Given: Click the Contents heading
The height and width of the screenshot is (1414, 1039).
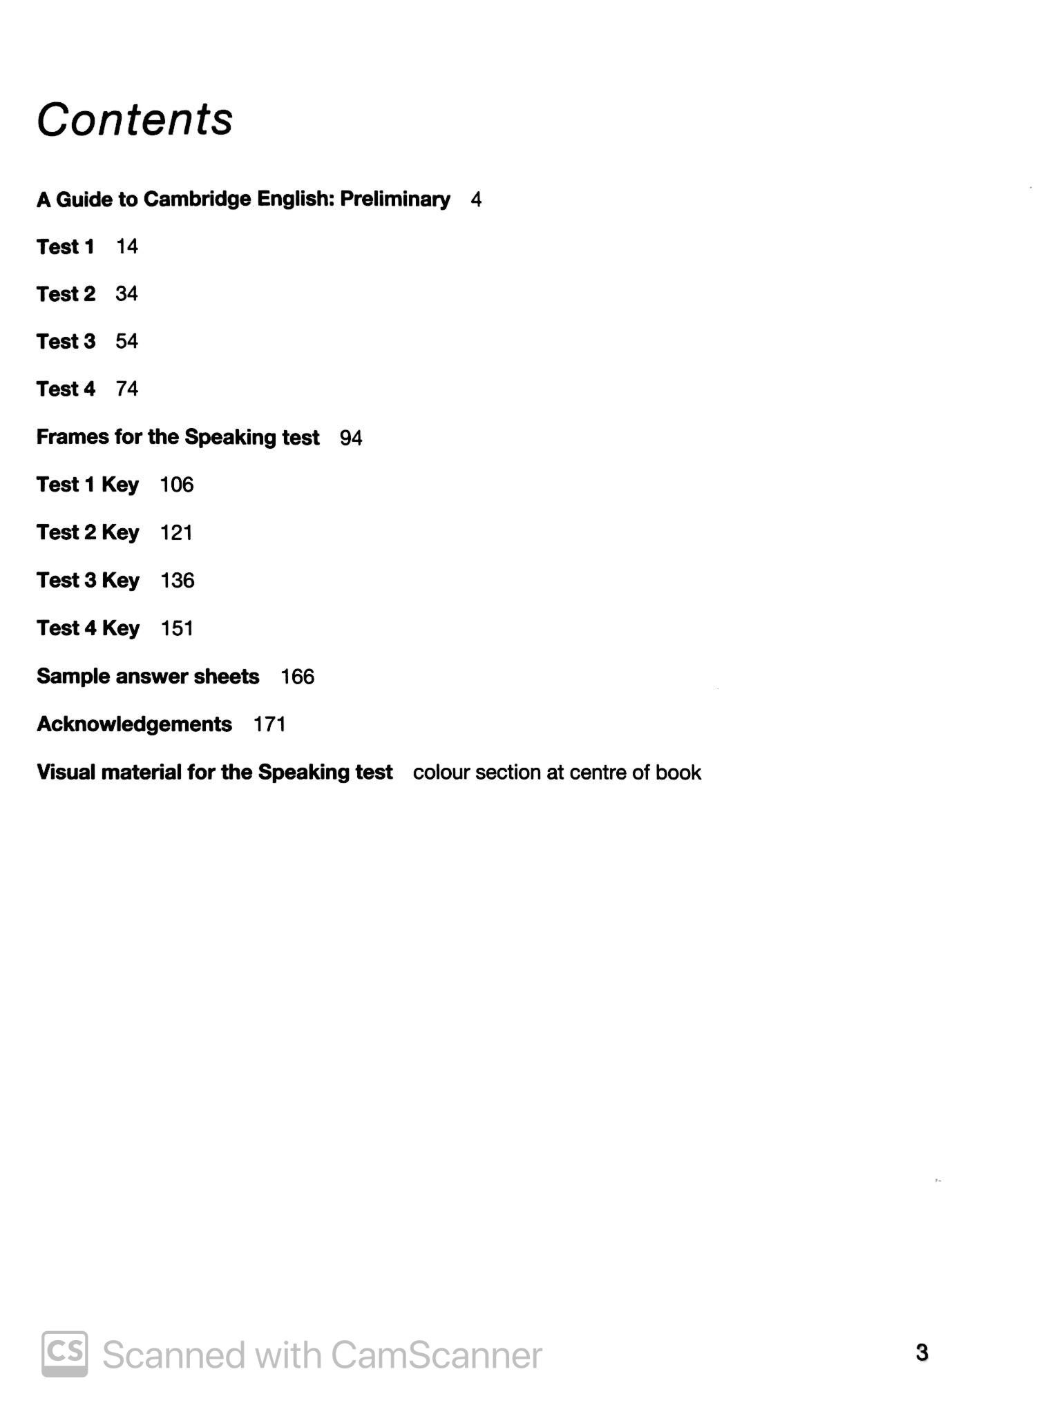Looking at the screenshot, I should (135, 119).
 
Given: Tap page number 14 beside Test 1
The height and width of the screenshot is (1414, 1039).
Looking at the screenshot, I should (127, 246).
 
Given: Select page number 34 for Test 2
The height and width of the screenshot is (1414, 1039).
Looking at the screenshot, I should (127, 294).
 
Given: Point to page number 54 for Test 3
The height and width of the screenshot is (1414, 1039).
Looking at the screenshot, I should (127, 341).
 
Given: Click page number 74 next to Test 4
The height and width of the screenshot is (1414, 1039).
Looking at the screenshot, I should (127, 389).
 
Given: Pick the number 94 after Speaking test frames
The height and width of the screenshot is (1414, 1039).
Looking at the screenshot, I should (351, 438).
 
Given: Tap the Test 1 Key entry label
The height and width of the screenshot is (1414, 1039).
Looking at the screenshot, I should (88, 485).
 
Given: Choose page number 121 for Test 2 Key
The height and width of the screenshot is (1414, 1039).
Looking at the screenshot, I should (176, 532).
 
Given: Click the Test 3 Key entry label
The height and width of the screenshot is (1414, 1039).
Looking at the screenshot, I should (88, 580).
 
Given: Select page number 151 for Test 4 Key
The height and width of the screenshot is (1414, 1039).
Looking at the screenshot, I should (177, 628).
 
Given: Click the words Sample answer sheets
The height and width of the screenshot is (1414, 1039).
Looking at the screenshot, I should (148, 676).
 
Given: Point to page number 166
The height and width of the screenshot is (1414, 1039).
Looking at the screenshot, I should (298, 677).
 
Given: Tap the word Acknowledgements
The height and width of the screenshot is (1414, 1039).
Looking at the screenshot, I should (134, 724).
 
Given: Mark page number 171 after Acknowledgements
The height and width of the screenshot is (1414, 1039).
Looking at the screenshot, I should (269, 724).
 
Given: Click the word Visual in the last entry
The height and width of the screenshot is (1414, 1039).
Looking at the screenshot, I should (66, 772).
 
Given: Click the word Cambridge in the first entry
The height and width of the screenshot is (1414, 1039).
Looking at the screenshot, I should (197, 199).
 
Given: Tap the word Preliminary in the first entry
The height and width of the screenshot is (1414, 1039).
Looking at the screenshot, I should (395, 199).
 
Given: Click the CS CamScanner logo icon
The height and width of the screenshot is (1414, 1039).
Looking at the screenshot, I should (65, 1353).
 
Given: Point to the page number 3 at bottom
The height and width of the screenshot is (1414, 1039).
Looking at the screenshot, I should (922, 1353).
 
